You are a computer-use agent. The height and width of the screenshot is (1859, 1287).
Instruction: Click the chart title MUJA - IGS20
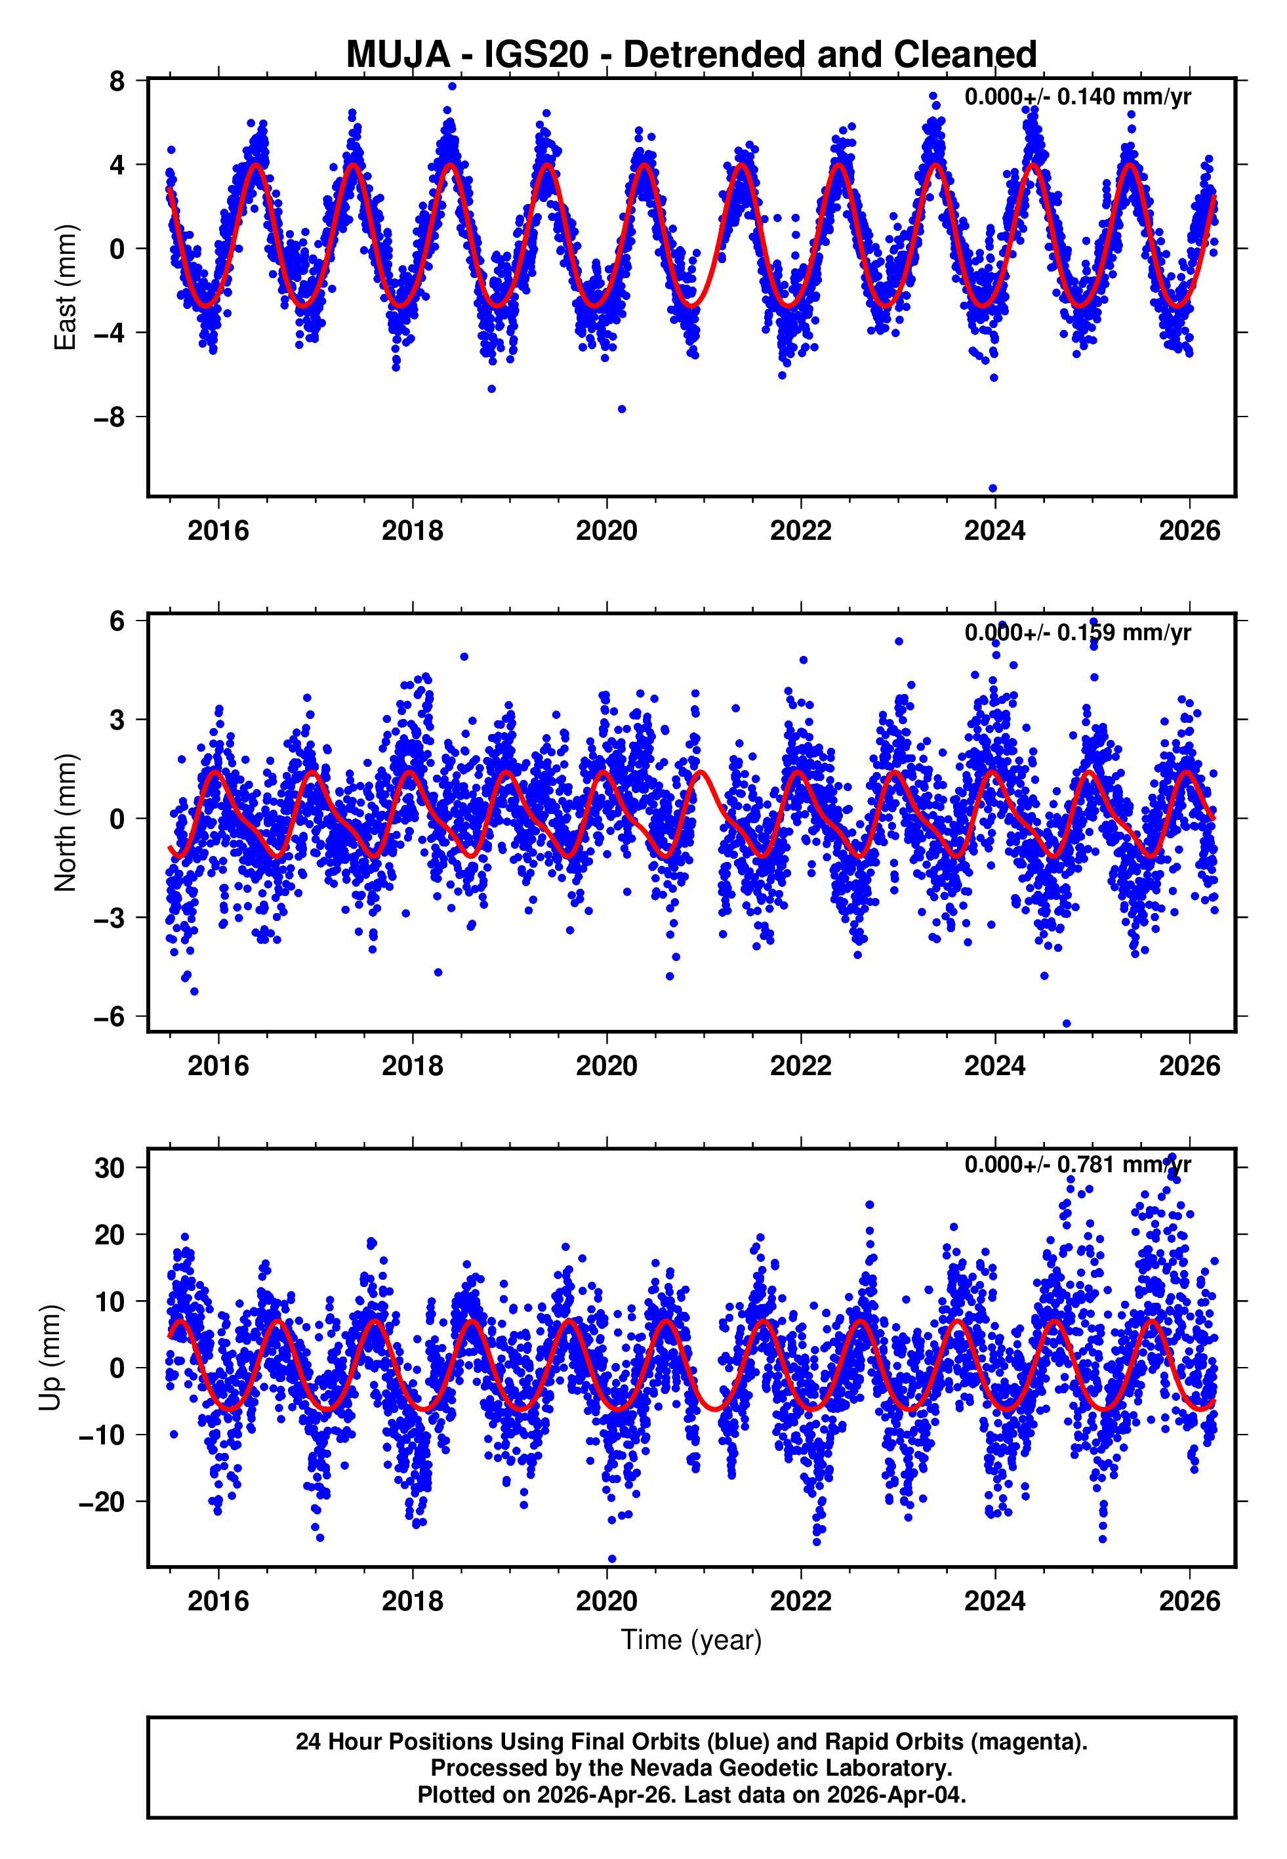691,55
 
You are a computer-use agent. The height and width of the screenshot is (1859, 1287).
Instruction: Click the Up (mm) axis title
50,1358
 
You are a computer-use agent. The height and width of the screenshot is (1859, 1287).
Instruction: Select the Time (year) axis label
691,1640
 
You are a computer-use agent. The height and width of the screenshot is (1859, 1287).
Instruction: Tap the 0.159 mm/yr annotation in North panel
1077,632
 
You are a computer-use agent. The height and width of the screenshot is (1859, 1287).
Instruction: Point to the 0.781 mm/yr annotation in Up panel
1077,1164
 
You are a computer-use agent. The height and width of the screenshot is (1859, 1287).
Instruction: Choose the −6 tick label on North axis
110,1017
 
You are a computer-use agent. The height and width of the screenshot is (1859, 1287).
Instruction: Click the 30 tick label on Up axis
110,1168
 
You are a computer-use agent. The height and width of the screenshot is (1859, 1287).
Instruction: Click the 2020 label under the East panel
606,531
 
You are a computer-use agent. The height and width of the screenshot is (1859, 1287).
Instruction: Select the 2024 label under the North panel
994,1066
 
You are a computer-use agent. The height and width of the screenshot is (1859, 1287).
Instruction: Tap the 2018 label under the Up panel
412,1601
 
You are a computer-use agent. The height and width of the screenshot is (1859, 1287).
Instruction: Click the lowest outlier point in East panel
992,489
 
